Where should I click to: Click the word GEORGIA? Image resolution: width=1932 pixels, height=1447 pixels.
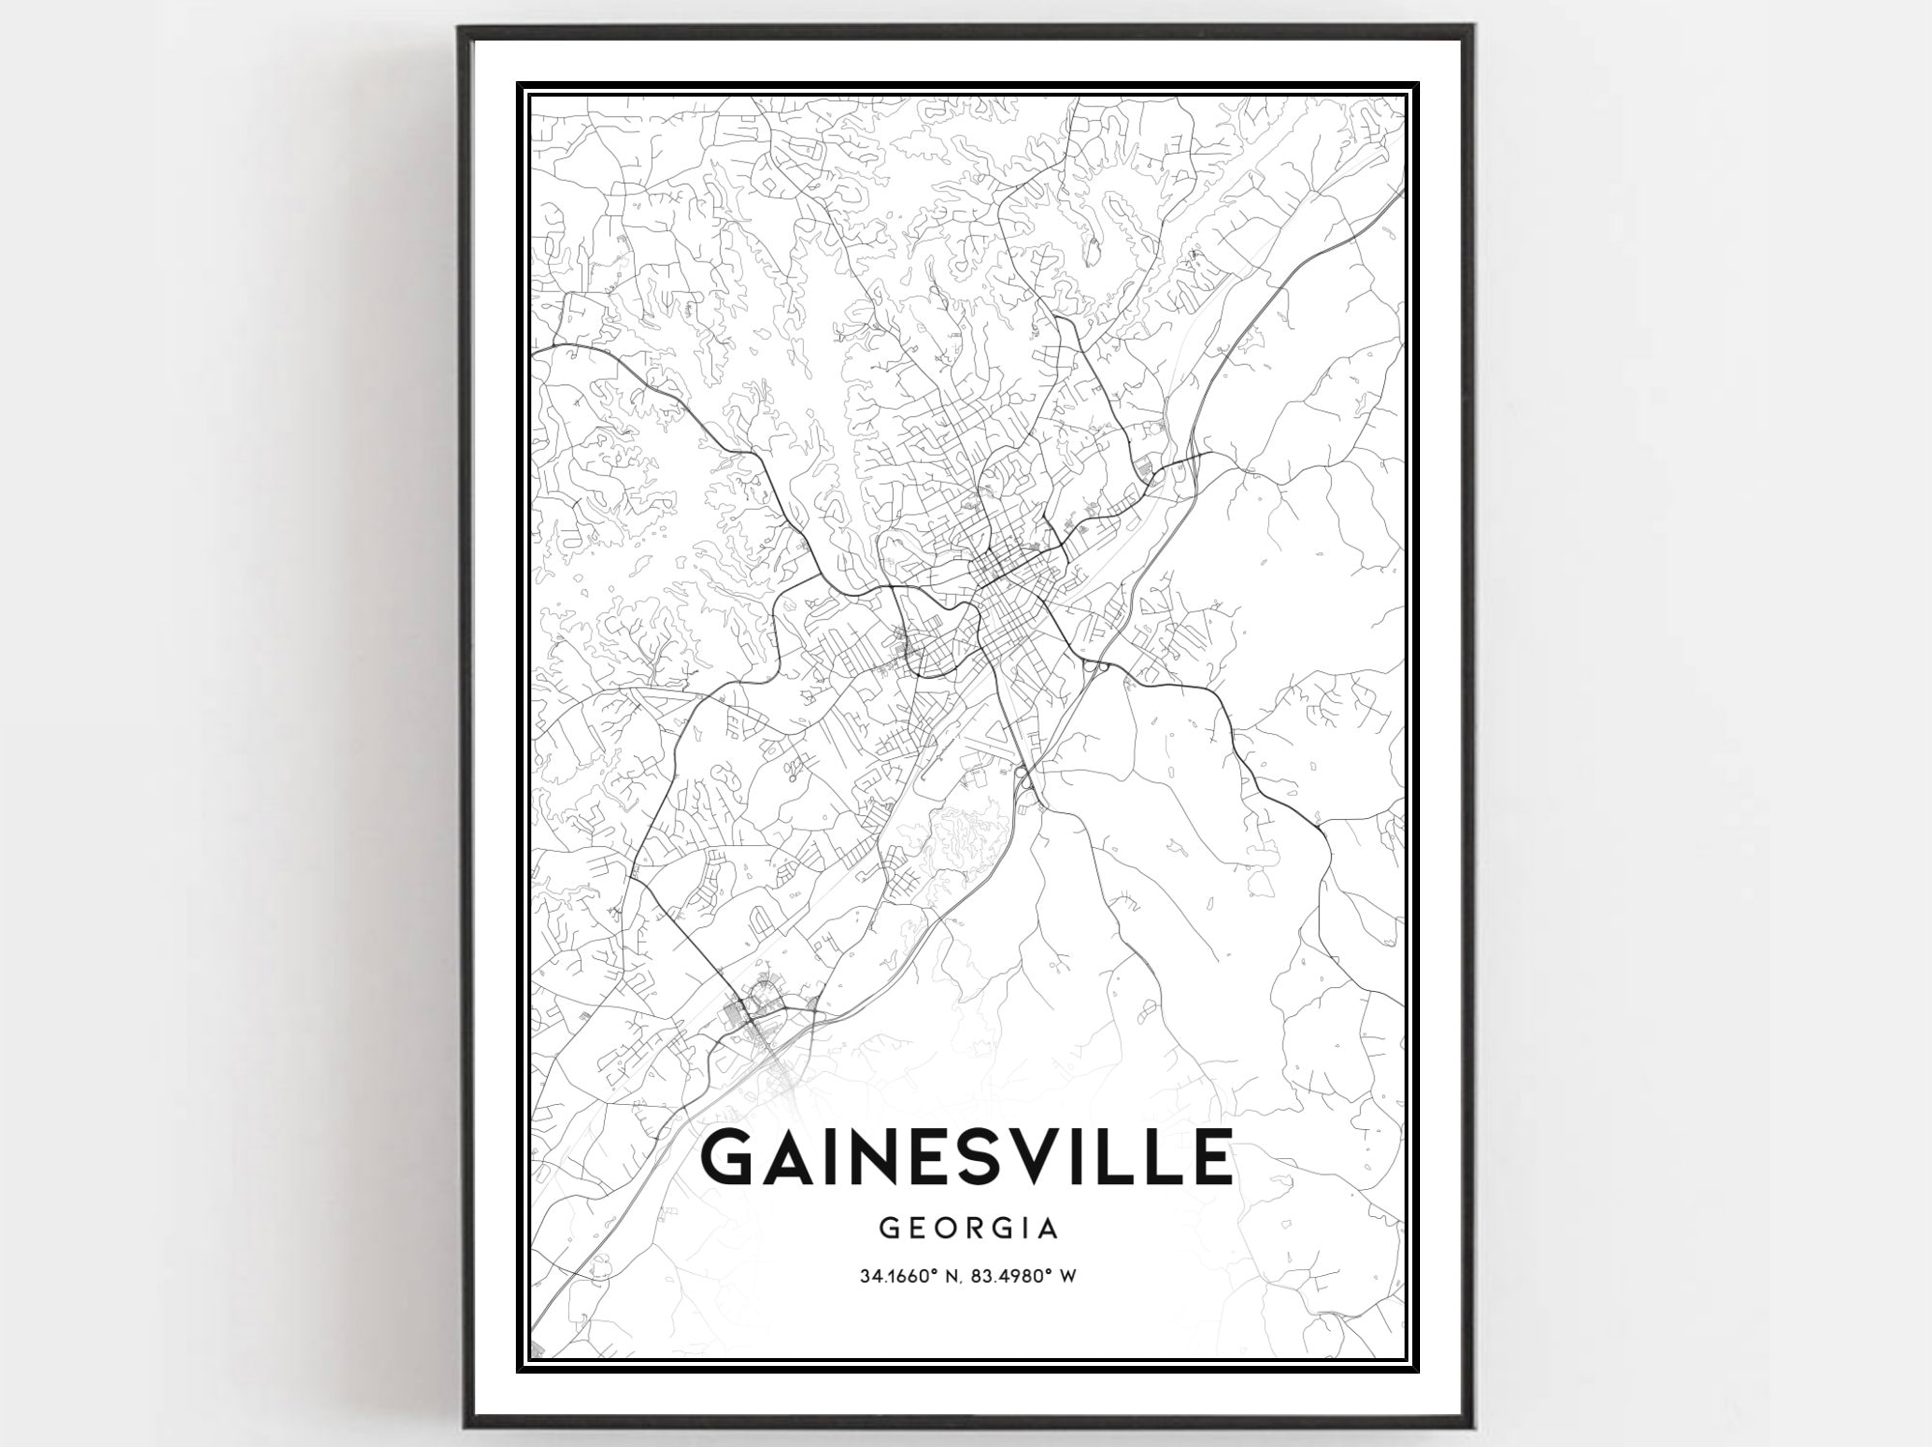pyautogui.click(x=968, y=1229)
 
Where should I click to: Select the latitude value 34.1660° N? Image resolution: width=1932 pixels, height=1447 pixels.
pyautogui.click(x=911, y=1276)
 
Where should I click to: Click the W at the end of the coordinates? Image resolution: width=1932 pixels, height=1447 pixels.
pyautogui.click(x=1068, y=1276)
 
